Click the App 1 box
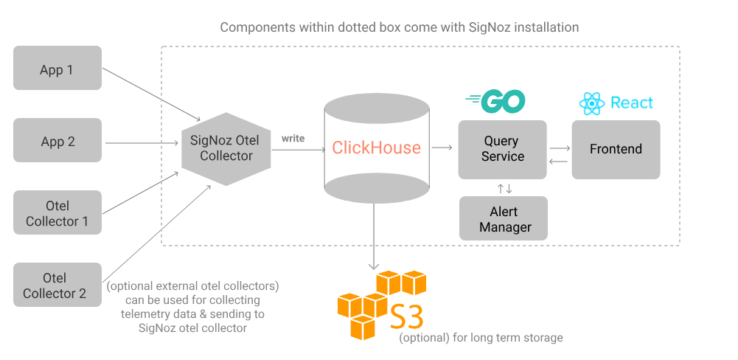pos(58,71)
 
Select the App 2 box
pos(58,142)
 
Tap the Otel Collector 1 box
pos(58,213)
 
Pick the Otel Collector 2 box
pos(58,285)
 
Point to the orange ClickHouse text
pos(376,148)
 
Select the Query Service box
pos(502,149)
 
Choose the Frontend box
pos(615,149)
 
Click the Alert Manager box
pos(504,219)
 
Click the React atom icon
pos(592,103)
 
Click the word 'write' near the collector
pos(293,138)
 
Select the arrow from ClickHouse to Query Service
pos(442,148)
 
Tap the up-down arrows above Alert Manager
pos(504,188)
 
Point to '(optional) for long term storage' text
pos(481,338)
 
